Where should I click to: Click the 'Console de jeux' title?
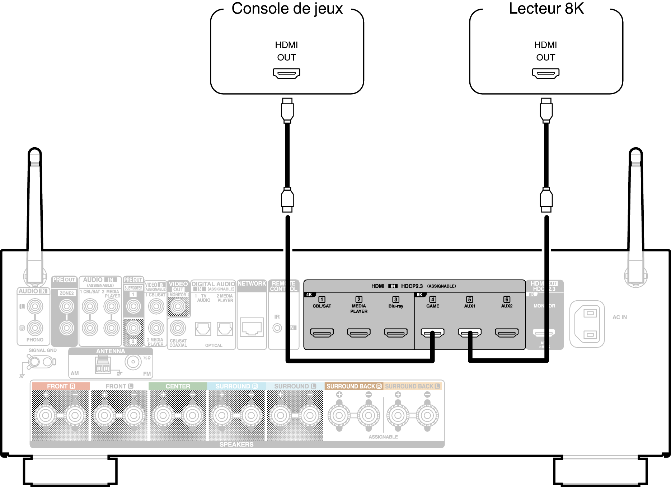[287, 9]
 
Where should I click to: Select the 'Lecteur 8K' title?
[546, 9]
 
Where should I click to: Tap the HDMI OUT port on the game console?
[286, 73]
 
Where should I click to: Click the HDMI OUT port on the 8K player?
[545, 73]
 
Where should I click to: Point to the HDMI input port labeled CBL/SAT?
[322, 333]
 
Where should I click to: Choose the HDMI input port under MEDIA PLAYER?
[359, 333]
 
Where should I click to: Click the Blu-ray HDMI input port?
[396, 333]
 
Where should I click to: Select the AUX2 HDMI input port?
[507, 333]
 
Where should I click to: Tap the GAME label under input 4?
[433, 306]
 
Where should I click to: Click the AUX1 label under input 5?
[470, 306]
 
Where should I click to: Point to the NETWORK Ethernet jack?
[252, 327]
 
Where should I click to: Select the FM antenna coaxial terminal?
[133, 362]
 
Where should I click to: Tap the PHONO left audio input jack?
[35, 306]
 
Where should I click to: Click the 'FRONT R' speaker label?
[61, 386]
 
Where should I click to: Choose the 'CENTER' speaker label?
[178, 386]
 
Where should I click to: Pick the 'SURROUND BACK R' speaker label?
[354, 386]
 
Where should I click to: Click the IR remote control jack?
[277, 328]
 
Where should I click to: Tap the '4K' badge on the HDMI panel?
[309, 295]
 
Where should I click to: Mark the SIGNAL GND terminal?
[35, 362]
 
